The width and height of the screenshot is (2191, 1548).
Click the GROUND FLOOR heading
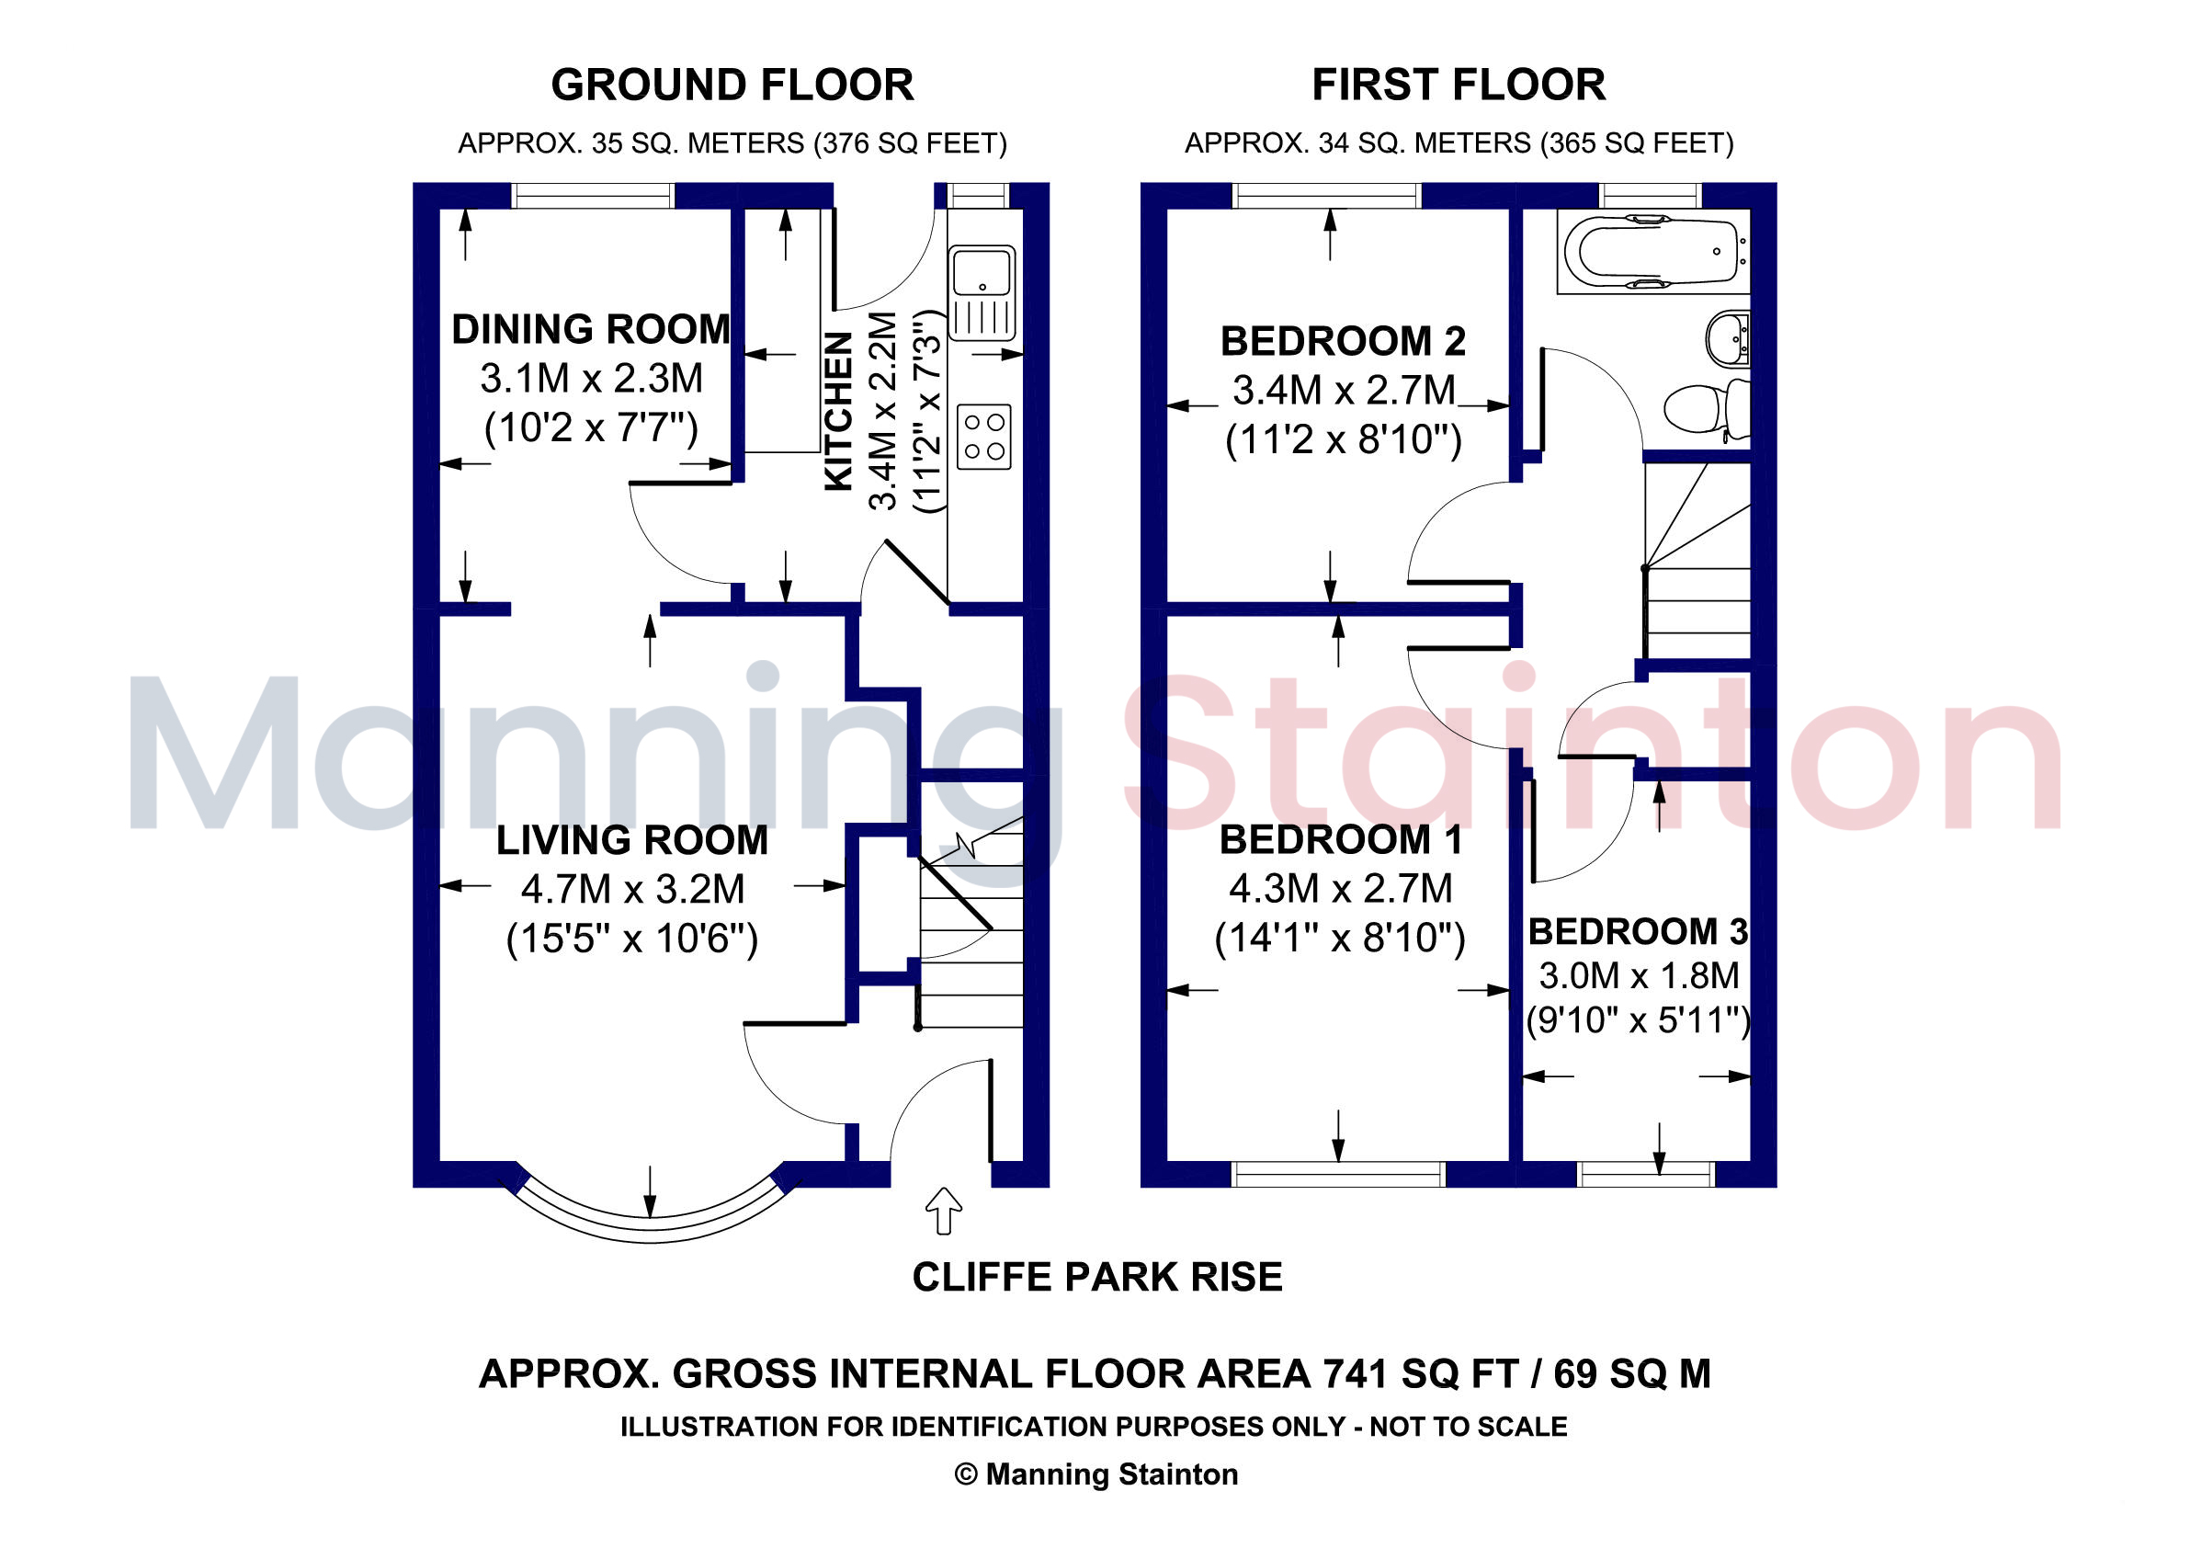tap(732, 85)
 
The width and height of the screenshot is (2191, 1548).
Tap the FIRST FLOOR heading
tap(1459, 85)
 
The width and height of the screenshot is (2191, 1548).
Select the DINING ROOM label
tap(591, 329)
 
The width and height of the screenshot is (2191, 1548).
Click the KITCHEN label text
tap(837, 410)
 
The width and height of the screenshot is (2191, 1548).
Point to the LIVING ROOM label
tap(631, 840)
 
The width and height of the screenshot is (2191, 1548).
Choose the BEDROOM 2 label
tap(1343, 341)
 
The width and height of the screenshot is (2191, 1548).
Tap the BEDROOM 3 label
tap(1638, 931)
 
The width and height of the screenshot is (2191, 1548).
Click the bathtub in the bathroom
tap(1653, 251)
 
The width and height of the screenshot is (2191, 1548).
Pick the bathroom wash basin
tap(1727, 336)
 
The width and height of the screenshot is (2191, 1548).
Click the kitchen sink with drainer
tap(982, 291)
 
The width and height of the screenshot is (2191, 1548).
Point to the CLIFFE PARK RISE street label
tap(1097, 1277)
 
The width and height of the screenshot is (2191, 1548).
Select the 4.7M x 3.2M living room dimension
tap(631, 890)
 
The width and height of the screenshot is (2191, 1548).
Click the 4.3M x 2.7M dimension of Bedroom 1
tap(1340, 889)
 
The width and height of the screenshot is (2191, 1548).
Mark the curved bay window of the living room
tap(651, 1228)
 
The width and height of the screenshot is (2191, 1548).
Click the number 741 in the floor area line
tap(1354, 1374)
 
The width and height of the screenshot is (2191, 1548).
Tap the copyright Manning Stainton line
tap(1096, 1474)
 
